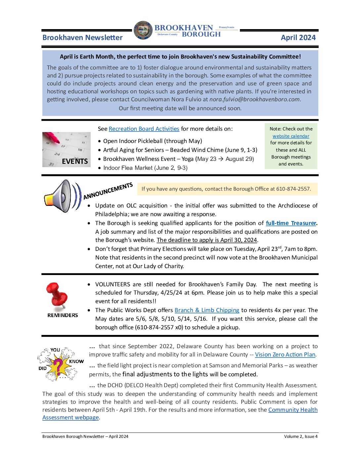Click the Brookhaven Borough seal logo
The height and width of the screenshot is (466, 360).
143,31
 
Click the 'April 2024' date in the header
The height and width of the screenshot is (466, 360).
298,38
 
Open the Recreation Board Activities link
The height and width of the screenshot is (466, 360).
144,129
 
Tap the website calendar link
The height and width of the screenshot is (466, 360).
291,136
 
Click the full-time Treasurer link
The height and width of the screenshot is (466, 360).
291,223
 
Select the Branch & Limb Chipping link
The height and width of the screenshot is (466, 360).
207,310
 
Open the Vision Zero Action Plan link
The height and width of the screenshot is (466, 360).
285,354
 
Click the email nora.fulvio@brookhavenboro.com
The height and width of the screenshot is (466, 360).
254,99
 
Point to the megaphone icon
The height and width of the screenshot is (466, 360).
62,196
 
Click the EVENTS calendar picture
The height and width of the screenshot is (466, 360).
67,149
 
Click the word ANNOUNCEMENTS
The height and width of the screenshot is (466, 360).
108,191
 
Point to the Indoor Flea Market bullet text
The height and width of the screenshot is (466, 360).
145,168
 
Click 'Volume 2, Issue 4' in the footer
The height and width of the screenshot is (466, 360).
300,437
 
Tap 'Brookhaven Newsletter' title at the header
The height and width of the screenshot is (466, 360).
82,38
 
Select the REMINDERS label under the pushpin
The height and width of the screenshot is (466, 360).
63,315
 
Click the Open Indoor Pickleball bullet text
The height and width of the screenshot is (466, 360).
153,141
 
